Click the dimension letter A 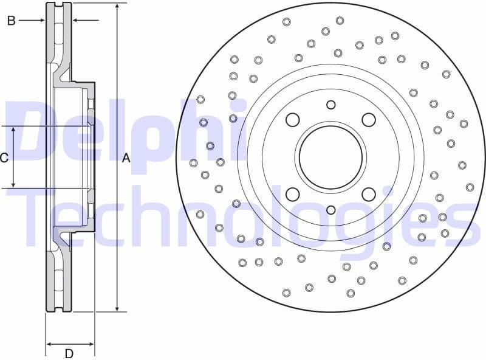point(126,158)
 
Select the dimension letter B point(10,21)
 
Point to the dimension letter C point(4,158)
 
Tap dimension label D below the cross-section point(69,353)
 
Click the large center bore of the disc point(330,157)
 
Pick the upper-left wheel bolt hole point(292,120)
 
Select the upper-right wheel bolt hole point(369,120)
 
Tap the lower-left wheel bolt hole point(292,195)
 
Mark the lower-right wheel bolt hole point(369,195)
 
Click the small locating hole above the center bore point(330,105)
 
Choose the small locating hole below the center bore point(330,210)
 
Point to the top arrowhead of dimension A point(117,6)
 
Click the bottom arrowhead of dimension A point(117,308)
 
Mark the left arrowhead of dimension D point(50,344)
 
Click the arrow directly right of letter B point(40,21)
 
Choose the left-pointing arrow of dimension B point(76,21)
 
